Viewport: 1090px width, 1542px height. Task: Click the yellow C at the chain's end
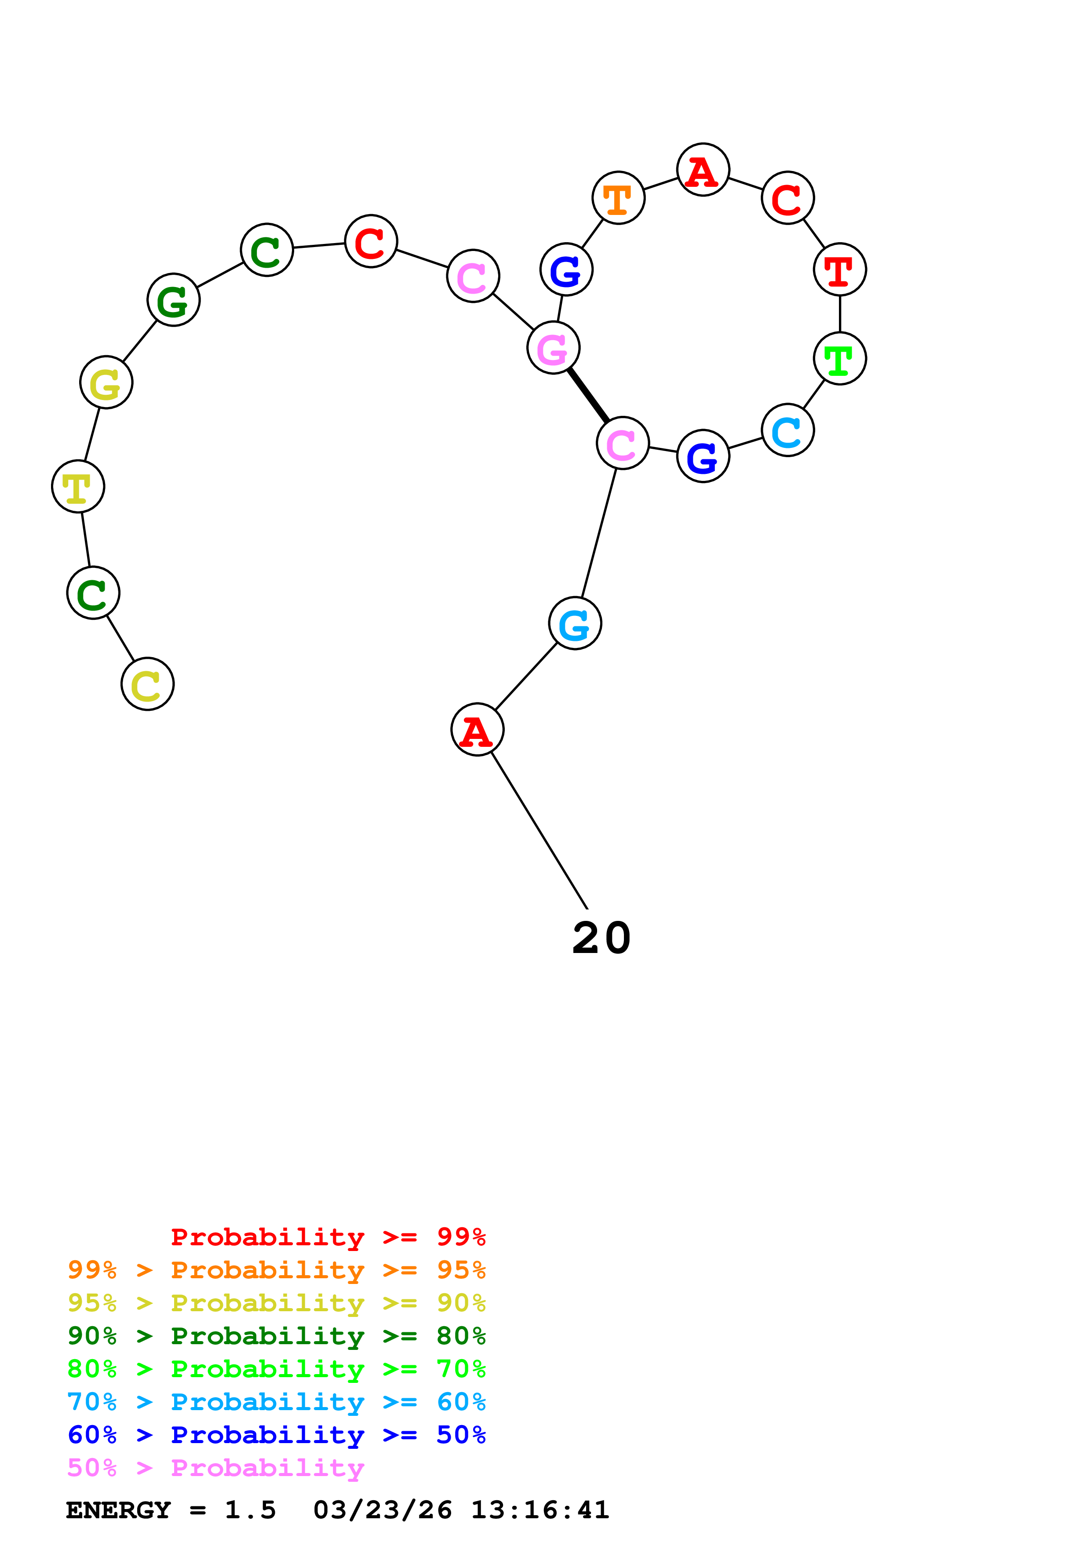(x=147, y=684)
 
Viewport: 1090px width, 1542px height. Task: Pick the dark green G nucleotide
(x=173, y=300)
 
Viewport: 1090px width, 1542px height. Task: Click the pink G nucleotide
(x=554, y=348)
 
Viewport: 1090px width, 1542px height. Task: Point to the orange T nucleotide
(x=618, y=198)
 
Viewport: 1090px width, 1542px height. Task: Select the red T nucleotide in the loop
(x=839, y=270)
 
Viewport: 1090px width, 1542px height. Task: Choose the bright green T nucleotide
(x=839, y=359)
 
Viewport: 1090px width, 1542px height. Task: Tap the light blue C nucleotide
(x=787, y=430)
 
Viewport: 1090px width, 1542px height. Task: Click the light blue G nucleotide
(x=575, y=624)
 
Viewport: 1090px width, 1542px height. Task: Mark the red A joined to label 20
(x=477, y=730)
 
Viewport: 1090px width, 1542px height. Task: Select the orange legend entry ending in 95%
(x=276, y=1270)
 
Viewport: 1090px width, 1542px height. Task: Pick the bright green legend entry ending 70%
(x=276, y=1369)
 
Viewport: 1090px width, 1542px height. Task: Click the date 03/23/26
(x=382, y=1510)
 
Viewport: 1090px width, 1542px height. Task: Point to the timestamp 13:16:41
(x=540, y=1510)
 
